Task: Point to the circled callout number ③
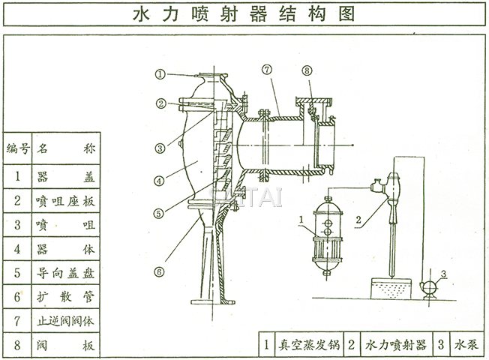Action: [160, 148]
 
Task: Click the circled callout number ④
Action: [160, 181]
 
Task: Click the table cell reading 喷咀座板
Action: [64, 201]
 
